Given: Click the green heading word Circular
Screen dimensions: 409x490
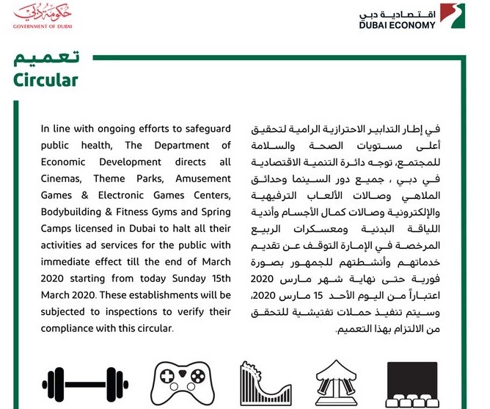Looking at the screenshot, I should pos(45,80).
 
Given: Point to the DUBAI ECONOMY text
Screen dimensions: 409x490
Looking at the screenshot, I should pos(397,24).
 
